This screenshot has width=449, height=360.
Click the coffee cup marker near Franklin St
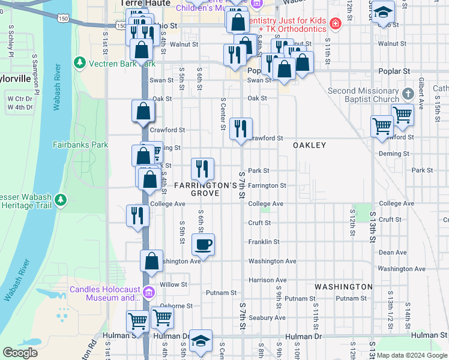pos(203,244)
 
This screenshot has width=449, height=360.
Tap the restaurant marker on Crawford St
pos(241,128)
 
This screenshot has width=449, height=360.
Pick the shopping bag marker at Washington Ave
pos(152,260)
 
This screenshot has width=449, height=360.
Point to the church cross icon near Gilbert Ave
pos(408,94)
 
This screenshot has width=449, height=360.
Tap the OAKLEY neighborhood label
pos(309,146)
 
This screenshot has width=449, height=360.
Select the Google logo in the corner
pos(20,353)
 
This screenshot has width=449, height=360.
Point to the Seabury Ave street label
pos(267,317)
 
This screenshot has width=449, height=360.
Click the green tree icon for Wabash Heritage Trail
pos(60,200)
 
